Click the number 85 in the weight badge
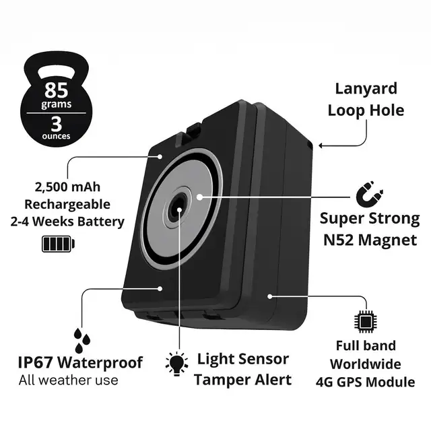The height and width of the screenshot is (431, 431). [57, 90]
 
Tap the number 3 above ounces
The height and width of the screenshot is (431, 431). [57, 123]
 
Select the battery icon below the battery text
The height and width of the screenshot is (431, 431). [59, 243]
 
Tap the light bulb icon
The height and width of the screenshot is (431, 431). [177, 364]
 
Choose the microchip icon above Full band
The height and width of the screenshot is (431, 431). [366, 322]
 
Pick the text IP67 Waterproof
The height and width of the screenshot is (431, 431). [80, 363]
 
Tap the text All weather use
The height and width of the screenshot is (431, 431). [68, 380]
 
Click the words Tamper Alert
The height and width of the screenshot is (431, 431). [242, 380]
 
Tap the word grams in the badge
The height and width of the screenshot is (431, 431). [57, 105]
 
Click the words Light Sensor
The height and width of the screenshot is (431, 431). [242, 360]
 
